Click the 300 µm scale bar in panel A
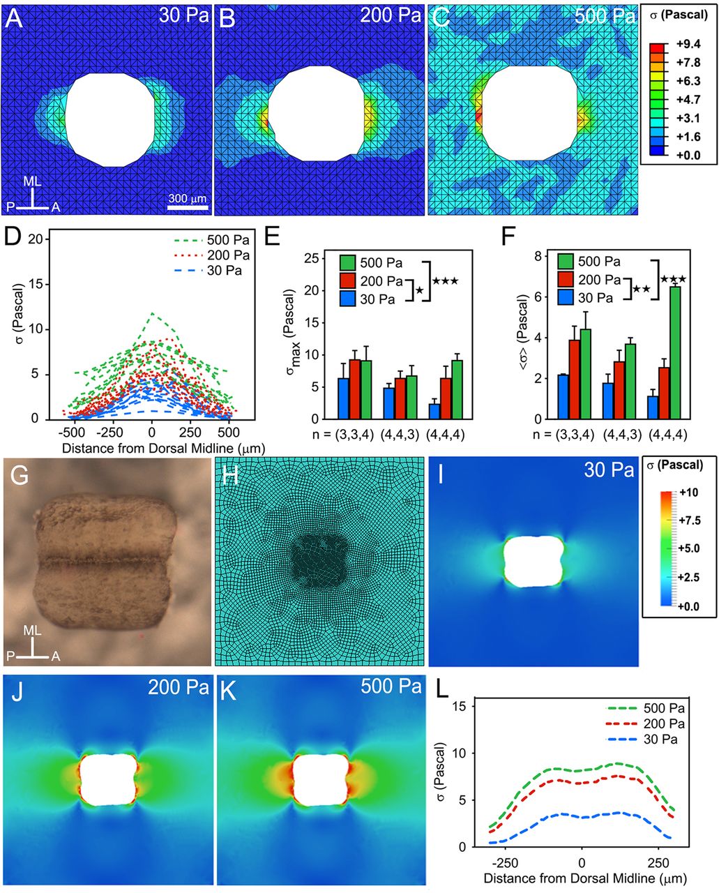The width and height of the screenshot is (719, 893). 188,207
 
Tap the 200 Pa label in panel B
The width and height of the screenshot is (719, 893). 391,16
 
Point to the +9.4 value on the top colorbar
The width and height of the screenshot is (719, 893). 681,48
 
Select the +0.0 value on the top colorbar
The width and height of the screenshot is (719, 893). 681,154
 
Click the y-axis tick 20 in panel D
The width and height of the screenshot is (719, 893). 33,239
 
